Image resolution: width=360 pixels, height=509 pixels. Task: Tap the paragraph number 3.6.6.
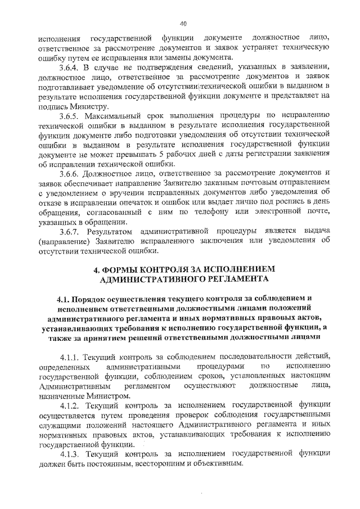click(72, 172)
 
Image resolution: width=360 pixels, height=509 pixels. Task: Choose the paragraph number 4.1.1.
click(71, 357)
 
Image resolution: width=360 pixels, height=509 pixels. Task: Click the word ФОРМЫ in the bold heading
click(125, 270)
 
